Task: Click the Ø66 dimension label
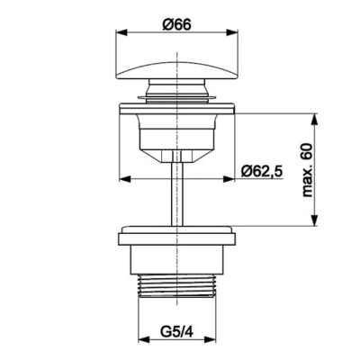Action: (x=177, y=24)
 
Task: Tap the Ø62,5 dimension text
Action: (x=262, y=171)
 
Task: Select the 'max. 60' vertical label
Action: (x=307, y=170)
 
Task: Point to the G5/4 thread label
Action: (x=176, y=332)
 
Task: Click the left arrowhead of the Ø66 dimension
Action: (x=121, y=33)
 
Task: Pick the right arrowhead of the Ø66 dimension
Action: (x=232, y=33)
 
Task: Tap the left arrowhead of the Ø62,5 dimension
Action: (x=125, y=179)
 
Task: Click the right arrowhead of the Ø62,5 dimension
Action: (x=228, y=179)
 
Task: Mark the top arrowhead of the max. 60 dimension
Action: (x=314, y=120)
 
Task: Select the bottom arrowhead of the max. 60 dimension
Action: (x=314, y=220)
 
